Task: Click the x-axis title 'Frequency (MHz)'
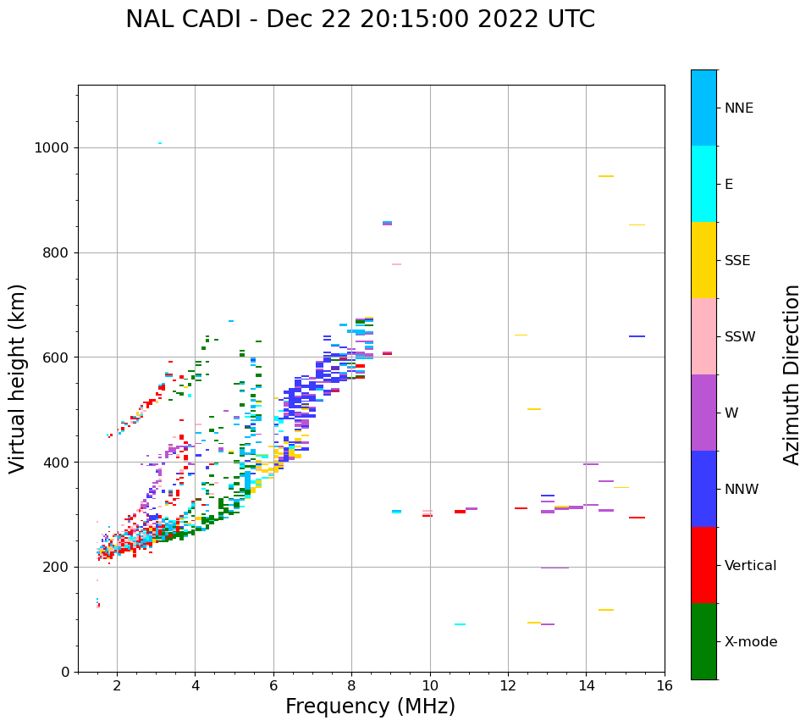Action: pyautogui.click(x=370, y=707)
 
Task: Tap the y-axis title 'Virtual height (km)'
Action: pyautogui.click(x=18, y=379)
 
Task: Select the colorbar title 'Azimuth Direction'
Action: pyautogui.click(x=792, y=374)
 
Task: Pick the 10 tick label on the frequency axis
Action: pyautogui.click(x=430, y=685)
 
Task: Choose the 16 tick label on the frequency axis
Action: pyautogui.click(x=665, y=685)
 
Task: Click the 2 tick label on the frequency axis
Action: pyautogui.click(x=117, y=685)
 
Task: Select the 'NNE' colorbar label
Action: pyautogui.click(x=738, y=108)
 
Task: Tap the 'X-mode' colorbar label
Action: pyautogui.click(x=750, y=642)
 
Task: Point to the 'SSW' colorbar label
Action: pyautogui.click(x=739, y=337)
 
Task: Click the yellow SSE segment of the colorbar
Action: pyautogui.click(x=703, y=260)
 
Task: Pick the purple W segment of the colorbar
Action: pyautogui.click(x=703, y=413)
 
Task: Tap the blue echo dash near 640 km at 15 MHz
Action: pyautogui.click(x=637, y=336)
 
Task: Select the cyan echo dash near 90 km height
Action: pyautogui.click(x=460, y=624)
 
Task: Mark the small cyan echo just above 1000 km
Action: pyautogui.click(x=160, y=143)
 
